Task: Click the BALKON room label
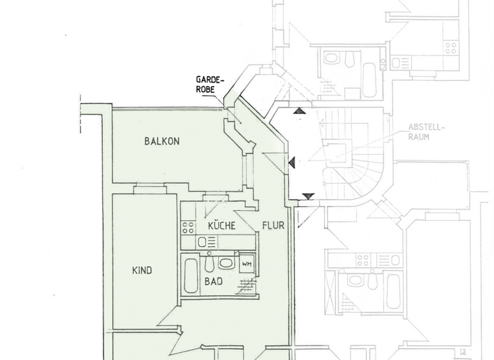point(161,141)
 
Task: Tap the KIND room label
point(142,271)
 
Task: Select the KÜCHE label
point(221,226)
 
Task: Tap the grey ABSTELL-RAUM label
point(426,132)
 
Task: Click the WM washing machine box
point(247,264)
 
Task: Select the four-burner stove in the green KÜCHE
point(188,227)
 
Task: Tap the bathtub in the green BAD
point(190,275)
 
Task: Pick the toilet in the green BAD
point(209,264)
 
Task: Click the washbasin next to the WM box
point(226,263)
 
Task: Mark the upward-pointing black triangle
point(300,111)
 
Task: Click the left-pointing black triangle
point(291,163)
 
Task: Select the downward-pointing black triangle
point(308,196)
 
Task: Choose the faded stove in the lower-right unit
point(363,260)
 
